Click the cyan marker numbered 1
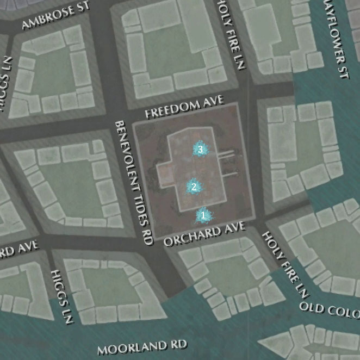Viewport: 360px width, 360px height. coord(203,216)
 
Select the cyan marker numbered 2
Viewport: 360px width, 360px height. coord(193,187)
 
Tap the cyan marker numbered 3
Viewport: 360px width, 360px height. coord(200,149)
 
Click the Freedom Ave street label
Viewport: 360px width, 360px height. coord(184,108)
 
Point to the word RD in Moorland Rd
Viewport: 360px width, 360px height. coord(178,345)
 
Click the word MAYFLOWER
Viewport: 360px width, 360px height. coord(335,30)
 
